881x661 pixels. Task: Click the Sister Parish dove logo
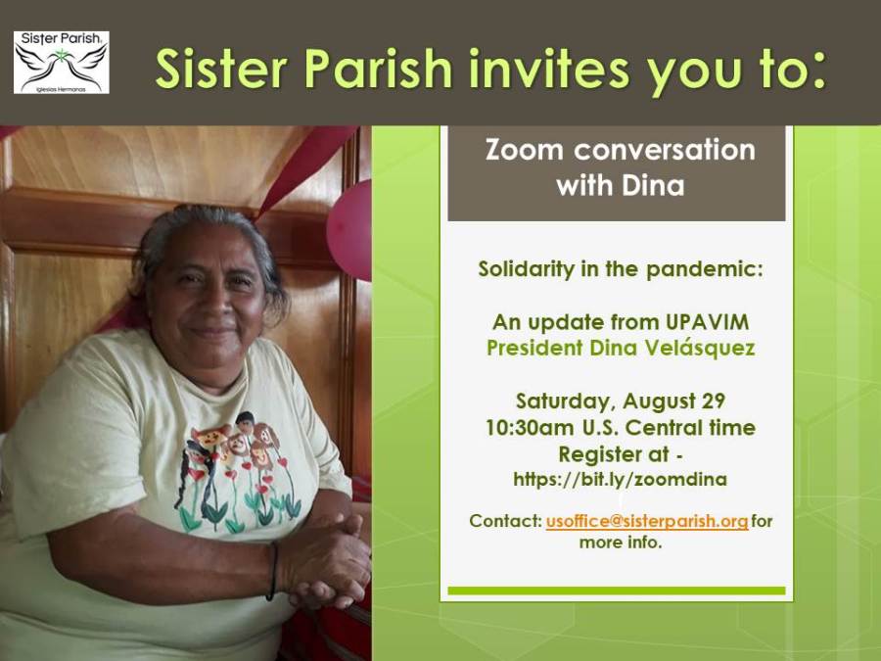(x=62, y=63)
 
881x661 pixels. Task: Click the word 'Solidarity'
(x=527, y=269)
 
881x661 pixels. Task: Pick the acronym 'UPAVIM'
(x=707, y=322)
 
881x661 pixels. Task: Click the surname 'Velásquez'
(x=700, y=348)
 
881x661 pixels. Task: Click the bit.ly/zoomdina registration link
(x=620, y=480)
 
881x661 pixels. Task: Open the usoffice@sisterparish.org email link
(x=647, y=521)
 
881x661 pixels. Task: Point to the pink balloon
(x=349, y=230)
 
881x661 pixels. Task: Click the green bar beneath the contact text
(x=617, y=590)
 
